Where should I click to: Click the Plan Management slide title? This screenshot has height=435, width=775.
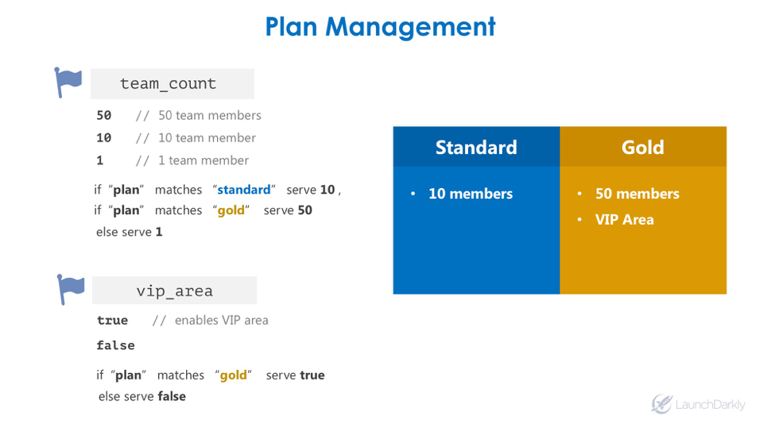pos(380,27)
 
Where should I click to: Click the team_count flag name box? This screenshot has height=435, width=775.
pos(172,84)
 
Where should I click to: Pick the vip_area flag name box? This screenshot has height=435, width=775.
pos(174,291)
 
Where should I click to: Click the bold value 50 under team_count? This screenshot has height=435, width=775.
pos(104,115)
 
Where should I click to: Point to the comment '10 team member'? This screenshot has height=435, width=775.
pos(207,137)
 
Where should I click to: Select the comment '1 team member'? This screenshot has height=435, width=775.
pos(203,160)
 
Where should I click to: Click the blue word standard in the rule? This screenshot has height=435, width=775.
pos(244,190)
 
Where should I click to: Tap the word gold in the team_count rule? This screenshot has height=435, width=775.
pos(231,210)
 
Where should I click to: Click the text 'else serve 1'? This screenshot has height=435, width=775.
pos(129,232)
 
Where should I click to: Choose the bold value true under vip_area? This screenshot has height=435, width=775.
pos(112,321)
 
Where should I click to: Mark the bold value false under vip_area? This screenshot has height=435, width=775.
pos(115,345)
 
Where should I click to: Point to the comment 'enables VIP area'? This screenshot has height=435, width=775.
pos(221,321)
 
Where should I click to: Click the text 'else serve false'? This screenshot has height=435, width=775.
pos(141,396)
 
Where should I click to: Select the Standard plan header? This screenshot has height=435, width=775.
pos(476,148)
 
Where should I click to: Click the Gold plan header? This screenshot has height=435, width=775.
pos(642,148)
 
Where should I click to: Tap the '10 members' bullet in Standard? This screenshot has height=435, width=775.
pos(470,194)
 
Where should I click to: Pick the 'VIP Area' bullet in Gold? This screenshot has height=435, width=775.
pos(624,220)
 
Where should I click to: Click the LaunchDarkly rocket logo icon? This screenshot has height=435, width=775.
pos(662,403)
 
